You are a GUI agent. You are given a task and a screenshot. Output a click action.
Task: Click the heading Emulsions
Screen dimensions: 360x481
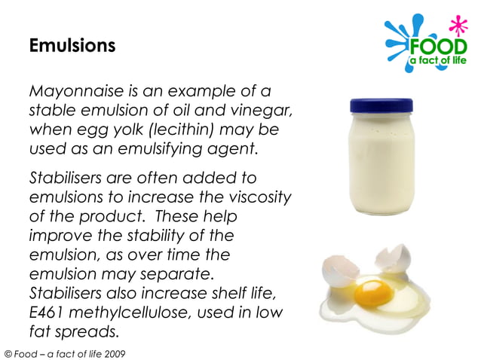tap(72, 46)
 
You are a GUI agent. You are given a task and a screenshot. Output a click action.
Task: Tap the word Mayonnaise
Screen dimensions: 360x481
tap(72, 93)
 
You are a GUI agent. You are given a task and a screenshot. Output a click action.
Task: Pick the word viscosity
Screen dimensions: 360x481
tap(256, 198)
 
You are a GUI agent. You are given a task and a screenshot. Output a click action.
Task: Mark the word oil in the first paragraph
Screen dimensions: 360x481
tap(200, 111)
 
